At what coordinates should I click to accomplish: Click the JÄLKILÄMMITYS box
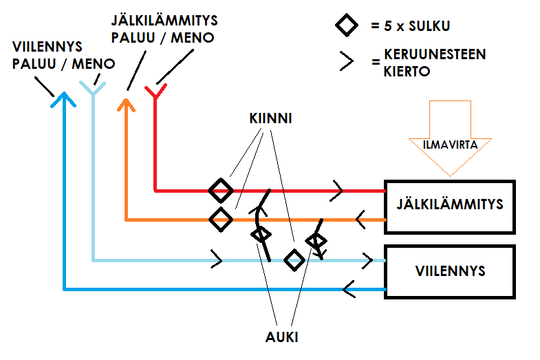[450, 205]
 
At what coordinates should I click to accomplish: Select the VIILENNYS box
[450, 271]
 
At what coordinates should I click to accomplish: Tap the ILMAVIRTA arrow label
[450, 145]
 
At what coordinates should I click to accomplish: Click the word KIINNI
[270, 118]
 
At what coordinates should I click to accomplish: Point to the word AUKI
[282, 338]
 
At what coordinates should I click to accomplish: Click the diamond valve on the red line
[221, 189]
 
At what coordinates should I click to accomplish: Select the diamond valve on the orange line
[221, 220]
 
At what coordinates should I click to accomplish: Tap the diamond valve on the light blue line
[294, 260]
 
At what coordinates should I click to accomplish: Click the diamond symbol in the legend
[347, 27]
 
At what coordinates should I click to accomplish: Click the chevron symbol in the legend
[347, 61]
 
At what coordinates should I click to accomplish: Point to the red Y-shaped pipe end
[155, 92]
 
